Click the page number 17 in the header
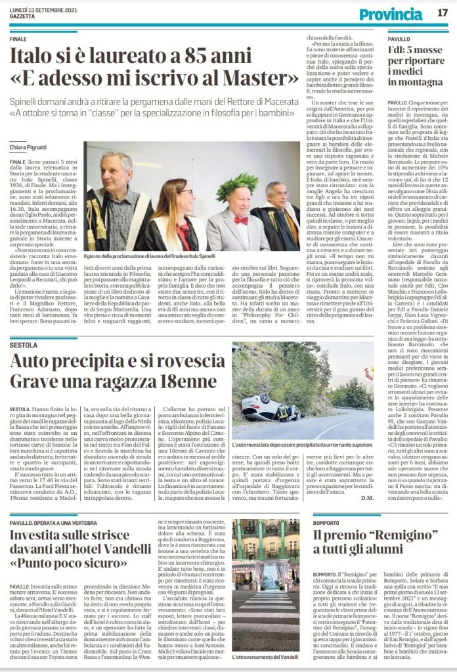442,12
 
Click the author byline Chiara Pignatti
28,146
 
